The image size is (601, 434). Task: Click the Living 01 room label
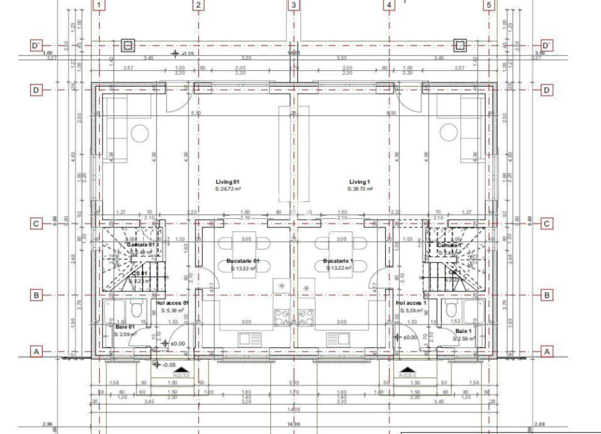(x=227, y=182)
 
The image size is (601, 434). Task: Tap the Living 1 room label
(x=360, y=182)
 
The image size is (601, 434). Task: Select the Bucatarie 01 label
(x=243, y=261)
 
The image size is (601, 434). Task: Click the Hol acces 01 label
(x=172, y=303)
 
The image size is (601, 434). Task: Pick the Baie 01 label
(x=125, y=327)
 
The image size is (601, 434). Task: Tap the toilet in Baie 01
(x=135, y=309)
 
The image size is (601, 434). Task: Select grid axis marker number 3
(x=294, y=5)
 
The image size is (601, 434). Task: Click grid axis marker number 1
(x=99, y=5)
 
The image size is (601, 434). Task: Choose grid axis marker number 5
(x=489, y=5)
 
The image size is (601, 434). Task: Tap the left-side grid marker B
(x=36, y=295)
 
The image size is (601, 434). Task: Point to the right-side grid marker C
(x=546, y=224)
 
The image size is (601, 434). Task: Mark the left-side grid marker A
(x=36, y=352)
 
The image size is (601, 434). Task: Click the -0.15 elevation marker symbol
(x=175, y=54)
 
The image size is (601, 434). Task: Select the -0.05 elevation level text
(x=169, y=365)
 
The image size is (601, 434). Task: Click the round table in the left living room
(x=140, y=133)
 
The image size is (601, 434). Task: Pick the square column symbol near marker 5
(x=460, y=45)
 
